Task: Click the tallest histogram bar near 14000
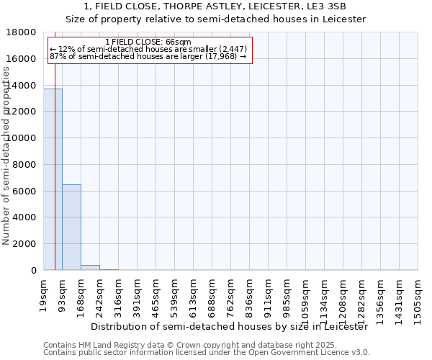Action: pos(53,180)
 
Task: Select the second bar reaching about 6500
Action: pos(71,228)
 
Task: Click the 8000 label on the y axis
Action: pos(25,165)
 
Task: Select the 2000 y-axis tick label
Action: pos(25,244)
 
